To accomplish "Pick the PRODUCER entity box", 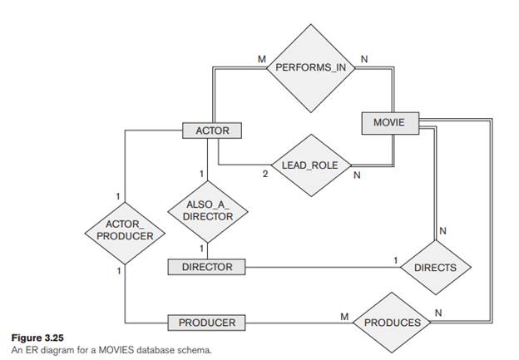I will coord(207,322).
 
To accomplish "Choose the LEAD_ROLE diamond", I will coord(310,165).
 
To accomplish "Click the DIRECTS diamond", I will coord(436,267).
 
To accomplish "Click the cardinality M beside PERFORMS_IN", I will coord(263,59).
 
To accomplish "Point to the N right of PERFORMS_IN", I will coord(363,59).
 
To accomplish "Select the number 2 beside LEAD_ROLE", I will coord(264,175).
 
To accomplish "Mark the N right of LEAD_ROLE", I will coord(357,175).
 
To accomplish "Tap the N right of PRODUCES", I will coord(438,313).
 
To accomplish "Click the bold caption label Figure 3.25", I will coord(34,338).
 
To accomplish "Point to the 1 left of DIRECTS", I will coord(396,259).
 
